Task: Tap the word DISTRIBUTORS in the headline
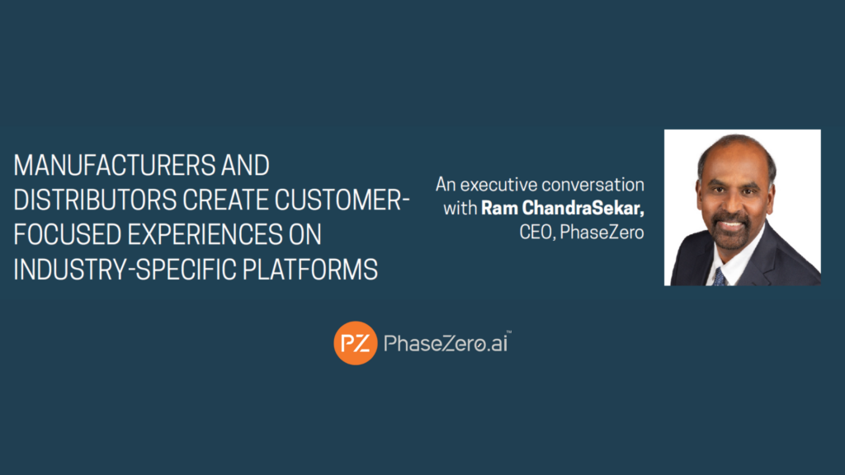95,200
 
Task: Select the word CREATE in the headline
226,200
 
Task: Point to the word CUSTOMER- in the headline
342,200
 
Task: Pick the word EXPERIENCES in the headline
205,235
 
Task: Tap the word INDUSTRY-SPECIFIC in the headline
125,270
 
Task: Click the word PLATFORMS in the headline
310,270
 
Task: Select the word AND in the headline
245,165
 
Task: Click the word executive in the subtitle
498,185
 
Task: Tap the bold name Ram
499,208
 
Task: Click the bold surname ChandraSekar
583,208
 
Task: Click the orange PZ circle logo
355,343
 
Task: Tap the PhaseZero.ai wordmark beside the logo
446,343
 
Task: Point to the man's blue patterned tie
720,277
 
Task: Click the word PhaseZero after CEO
602,232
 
